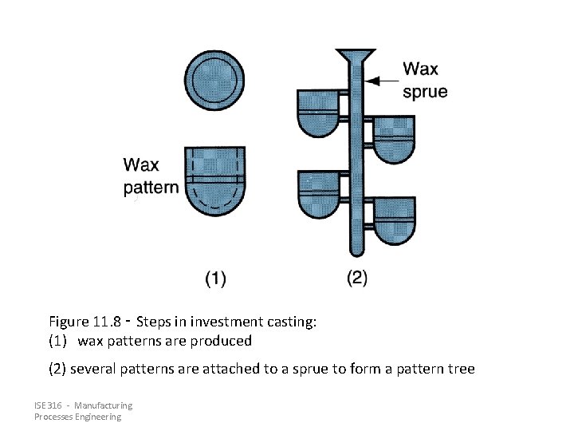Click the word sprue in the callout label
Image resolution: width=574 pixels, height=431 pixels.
(425, 93)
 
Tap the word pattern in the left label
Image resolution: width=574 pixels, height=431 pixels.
(151, 188)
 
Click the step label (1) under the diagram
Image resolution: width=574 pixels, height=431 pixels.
(215, 279)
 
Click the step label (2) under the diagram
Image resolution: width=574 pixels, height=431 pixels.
(357, 279)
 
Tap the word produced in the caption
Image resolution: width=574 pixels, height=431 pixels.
(223, 342)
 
